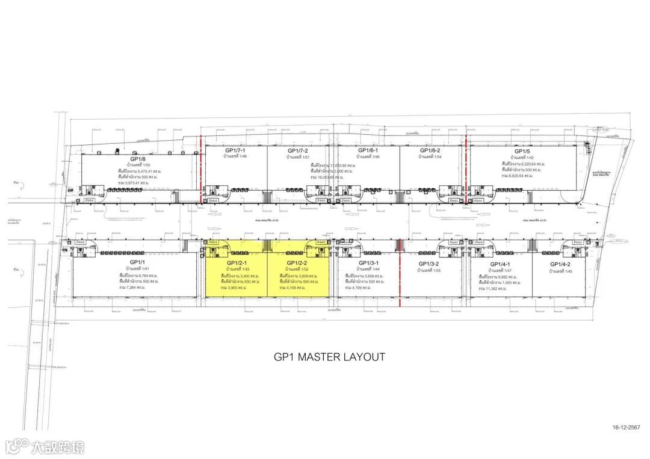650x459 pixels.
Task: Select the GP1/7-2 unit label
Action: (298, 150)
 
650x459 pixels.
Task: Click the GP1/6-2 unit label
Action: (430, 150)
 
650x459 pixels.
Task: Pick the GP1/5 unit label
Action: (521, 152)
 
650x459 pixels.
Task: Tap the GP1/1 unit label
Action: (138, 262)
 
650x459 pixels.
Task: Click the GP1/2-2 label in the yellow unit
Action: (297, 263)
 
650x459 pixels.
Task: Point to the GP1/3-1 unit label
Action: (368, 263)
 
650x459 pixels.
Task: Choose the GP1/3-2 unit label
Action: (429, 264)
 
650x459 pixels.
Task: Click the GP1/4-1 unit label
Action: (500, 264)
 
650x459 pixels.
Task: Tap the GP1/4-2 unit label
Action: (560, 264)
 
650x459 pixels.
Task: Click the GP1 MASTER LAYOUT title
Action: (329, 357)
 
